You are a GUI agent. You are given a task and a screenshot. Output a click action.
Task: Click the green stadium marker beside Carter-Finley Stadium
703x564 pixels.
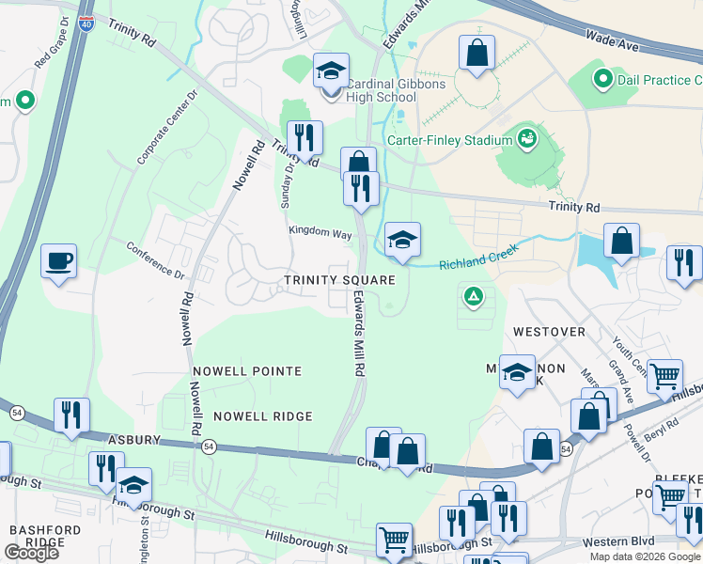(528, 140)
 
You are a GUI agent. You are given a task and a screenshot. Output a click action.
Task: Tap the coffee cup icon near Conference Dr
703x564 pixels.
(58, 260)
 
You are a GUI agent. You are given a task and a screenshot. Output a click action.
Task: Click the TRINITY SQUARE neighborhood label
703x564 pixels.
(340, 281)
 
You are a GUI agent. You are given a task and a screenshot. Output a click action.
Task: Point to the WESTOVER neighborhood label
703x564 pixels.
(549, 332)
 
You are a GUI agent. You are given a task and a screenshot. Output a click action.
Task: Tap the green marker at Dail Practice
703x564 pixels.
(602, 79)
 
